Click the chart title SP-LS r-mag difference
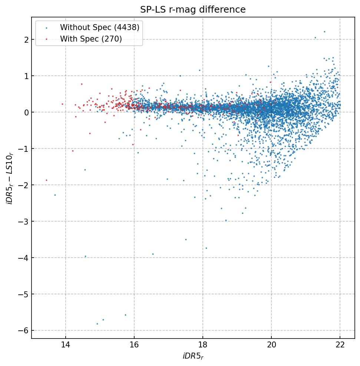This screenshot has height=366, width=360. point(193,10)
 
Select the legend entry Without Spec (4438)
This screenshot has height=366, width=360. point(99,27)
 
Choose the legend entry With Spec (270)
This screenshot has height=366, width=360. point(91,39)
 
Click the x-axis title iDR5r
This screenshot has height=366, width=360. point(193,356)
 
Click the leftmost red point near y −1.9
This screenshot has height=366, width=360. point(46,180)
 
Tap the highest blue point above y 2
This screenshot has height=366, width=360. point(324,32)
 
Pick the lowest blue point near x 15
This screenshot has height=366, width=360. point(97,324)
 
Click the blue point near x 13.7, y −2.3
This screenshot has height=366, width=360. point(55,195)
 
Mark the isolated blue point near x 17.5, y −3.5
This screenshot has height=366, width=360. point(186,239)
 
